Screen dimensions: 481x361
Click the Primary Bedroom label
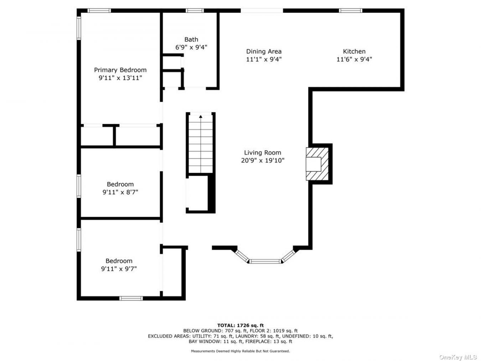point(120,70)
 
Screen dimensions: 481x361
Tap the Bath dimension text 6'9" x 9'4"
point(191,47)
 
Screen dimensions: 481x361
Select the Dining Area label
point(264,52)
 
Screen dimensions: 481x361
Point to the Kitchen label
point(354,52)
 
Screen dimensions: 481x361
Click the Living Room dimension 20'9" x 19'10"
point(263,160)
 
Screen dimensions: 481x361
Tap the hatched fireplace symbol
point(317,164)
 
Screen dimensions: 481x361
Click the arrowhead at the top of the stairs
point(201,117)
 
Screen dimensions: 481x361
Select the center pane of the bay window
point(265,261)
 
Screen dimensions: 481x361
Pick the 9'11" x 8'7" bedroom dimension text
point(120,192)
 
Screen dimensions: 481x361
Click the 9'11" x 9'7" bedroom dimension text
point(119,269)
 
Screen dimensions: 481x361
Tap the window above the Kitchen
point(351,11)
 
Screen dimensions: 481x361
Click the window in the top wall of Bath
point(195,11)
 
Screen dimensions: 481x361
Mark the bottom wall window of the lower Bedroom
point(131,298)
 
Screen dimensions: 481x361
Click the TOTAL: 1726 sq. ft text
point(240,325)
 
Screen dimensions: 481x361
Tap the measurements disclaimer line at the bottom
point(240,351)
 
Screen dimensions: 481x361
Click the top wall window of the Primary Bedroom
point(99,11)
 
